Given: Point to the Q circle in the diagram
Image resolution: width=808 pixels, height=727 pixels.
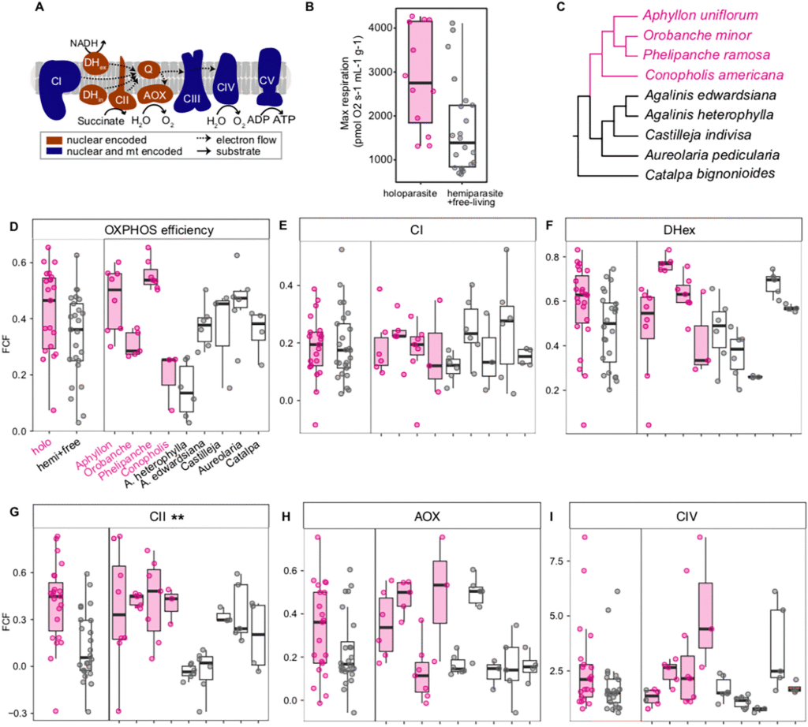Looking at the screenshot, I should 147,69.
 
